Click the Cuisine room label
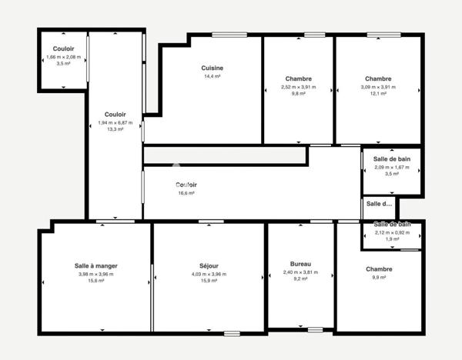(x=213, y=68)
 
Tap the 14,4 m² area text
(x=213, y=77)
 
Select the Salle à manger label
(x=96, y=265)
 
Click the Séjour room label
(x=209, y=265)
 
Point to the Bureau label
(x=300, y=263)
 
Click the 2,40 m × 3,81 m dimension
(x=300, y=272)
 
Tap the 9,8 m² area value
(x=298, y=94)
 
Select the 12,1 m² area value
(x=378, y=94)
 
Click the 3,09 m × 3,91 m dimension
(x=378, y=87)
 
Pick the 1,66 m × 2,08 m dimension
(x=63, y=58)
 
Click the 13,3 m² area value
(x=115, y=129)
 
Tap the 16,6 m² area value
(x=186, y=193)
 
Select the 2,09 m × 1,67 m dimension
(x=392, y=168)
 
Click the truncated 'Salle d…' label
(x=379, y=204)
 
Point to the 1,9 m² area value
(x=392, y=239)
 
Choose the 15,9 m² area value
(x=209, y=281)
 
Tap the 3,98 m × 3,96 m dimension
(x=96, y=274)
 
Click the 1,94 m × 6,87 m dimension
(x=115, y=122)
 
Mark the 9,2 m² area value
(x=300, y=279)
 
